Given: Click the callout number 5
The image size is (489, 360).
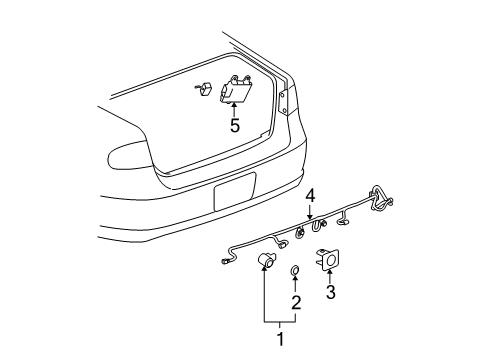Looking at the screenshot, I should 235,126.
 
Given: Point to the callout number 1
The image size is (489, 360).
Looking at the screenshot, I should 281,340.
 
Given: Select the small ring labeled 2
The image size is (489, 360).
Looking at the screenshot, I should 296,271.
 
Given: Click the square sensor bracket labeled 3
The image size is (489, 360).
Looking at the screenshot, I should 330,260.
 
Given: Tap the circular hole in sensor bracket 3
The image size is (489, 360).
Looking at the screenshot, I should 330,261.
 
